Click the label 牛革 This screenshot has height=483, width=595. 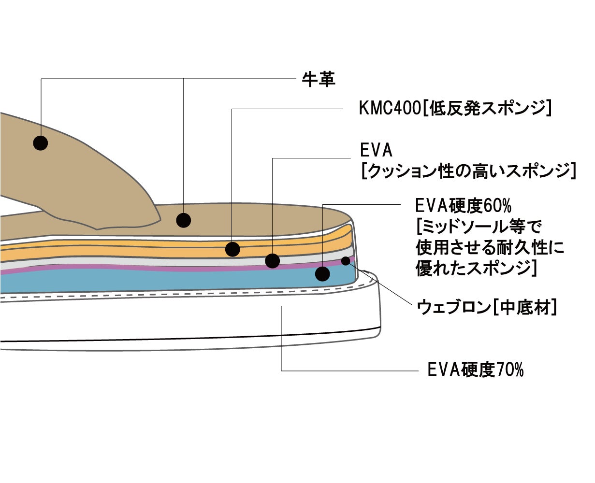coord(319,79)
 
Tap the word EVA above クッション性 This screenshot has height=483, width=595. coord(376,150)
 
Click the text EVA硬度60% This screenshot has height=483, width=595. coord(463,206)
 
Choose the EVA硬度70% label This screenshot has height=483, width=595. coord(476,370)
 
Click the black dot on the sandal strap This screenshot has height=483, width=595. coord(40,142)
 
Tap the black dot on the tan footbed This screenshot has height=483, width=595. coord(183,220)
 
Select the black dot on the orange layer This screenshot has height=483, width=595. coord(232,249)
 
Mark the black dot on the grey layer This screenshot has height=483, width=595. coord(273,261)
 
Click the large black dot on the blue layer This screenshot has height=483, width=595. coord(322,274)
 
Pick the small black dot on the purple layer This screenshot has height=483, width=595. coord(346,261)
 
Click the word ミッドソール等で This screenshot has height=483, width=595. coord(479,227)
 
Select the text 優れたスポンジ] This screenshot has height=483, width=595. coord(477,269)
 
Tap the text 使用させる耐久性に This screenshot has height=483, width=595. coord(490,248)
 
